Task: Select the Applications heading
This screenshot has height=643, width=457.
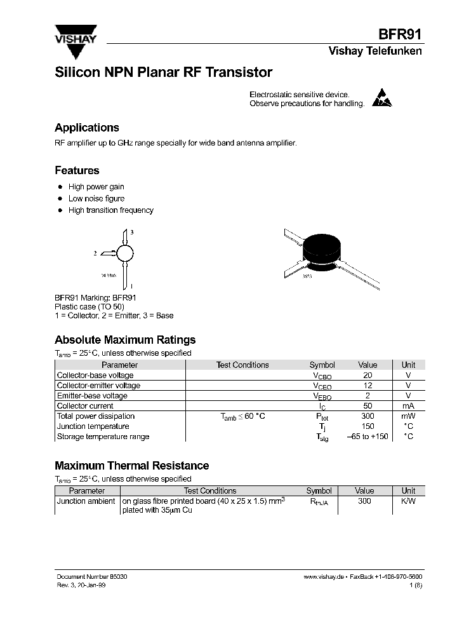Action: [86, 128]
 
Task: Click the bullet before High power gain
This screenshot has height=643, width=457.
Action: [60, 187]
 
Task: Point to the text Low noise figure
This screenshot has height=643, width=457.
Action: [96, 198]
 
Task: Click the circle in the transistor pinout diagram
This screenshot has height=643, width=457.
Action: [126, 253]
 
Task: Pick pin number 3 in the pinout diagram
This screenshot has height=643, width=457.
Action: [131, 233]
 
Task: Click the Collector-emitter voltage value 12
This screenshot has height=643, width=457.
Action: [368, 386]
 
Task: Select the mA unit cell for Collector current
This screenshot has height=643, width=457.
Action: [408, 406]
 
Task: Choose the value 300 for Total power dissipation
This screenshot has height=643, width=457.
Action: [368, 416]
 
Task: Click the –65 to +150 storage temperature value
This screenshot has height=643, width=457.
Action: [368, 437]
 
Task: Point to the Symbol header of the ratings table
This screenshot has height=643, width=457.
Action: [322, 365]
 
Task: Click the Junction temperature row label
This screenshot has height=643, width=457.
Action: [93, 426]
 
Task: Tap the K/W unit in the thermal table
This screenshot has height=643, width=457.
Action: [408, 501]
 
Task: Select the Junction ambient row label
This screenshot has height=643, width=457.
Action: [87, 501]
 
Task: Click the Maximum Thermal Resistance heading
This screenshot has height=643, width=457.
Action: [131, 466]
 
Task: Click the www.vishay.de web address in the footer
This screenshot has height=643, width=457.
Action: [324, 576]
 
